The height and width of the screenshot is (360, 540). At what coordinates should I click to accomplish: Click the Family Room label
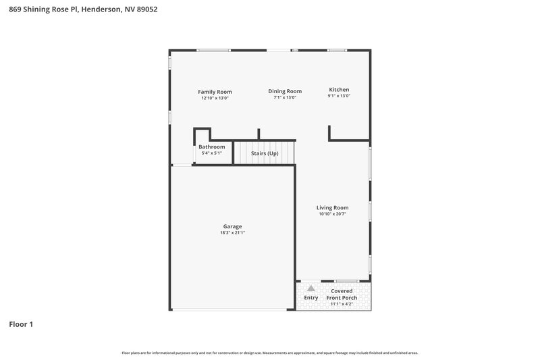[215, 91]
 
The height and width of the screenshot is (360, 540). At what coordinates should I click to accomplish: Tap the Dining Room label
[284, 91]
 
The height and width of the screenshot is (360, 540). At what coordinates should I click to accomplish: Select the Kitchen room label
[339, 90]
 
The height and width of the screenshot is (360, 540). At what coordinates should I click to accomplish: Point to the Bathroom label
[211, 147]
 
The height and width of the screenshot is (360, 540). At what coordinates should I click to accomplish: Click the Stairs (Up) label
[265, 153]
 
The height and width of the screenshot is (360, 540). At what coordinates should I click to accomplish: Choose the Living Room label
[333, 207]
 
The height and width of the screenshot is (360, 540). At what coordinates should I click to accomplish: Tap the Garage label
[232, 226]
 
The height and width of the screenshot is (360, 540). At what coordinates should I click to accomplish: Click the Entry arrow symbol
[311, 288]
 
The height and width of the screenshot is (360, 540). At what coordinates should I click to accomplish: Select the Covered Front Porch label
[342, 294]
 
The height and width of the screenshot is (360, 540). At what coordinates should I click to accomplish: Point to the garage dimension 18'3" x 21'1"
[232, 233]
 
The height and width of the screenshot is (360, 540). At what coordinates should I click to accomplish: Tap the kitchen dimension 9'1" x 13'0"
[339, 97]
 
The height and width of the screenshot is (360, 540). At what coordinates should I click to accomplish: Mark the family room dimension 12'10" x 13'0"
[215, 98]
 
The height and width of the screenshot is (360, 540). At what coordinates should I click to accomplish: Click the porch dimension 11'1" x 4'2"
[342, 304]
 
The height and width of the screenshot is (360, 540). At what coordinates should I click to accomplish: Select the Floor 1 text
[21, 324]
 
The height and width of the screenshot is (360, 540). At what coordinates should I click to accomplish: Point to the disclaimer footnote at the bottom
[269, 353]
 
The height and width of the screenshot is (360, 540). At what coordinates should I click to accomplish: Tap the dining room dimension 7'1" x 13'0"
[284, 98]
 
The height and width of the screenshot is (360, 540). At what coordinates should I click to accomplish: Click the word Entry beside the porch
[311, 297]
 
